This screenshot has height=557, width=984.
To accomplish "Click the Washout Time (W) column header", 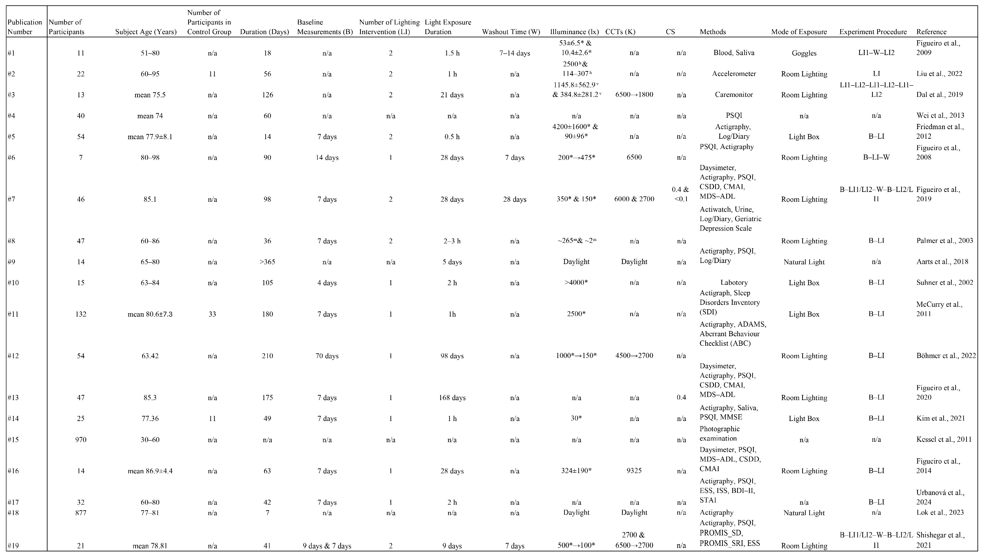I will (511, 32).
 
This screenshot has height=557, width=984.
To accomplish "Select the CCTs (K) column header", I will (620, 32).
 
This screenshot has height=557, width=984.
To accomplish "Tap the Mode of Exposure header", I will (799, 32).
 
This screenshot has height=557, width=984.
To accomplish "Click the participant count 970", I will (81, 439).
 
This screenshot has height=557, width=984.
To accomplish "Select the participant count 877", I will (81, 513).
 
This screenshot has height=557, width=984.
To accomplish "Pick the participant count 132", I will (81, 314).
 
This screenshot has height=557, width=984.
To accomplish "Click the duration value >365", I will (267, 262).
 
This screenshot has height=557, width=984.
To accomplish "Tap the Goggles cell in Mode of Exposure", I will (804, 53).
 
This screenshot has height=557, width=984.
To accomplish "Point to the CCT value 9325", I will (634, 471).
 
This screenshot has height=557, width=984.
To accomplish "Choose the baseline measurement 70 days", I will (327, 356).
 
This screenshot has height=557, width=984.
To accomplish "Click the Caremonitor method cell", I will (734, 95).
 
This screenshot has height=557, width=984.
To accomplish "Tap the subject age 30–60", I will (150, 439).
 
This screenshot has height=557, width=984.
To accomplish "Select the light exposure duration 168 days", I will (452, 398).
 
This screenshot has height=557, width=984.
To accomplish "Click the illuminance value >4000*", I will (576, 283).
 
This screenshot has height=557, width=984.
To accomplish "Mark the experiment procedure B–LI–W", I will (876, 158).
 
